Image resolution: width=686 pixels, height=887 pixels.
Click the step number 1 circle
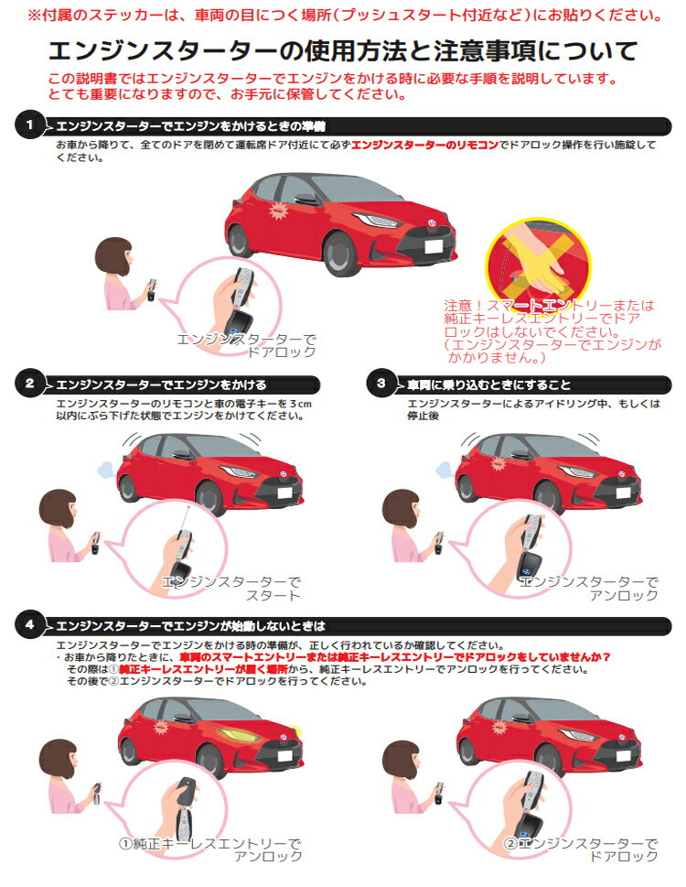coord(29,125)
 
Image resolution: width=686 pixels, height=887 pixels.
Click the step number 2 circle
coord(29,384)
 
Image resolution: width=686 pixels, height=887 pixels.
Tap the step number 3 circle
coord(381,384)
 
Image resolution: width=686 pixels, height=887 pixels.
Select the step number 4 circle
coord(29,625)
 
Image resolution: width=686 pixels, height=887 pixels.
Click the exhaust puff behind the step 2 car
coord(106,469)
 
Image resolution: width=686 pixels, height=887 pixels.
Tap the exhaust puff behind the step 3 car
coord(445,469)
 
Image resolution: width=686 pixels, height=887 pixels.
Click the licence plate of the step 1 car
coord(434,246)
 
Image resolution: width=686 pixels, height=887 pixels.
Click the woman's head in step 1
coord(113,255)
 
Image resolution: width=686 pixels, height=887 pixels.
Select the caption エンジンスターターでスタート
coord(231,589)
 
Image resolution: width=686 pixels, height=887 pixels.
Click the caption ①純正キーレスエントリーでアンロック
coord(210,849)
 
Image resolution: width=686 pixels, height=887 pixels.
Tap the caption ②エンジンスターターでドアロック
coord(581,849)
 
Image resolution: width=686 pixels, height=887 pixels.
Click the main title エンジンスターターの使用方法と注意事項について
coord(343,51)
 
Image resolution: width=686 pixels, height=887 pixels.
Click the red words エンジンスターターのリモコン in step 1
coord(425,145)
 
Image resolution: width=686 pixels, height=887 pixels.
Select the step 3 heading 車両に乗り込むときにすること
coord(489,384)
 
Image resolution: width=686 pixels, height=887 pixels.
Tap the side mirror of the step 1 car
coord(305,199)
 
